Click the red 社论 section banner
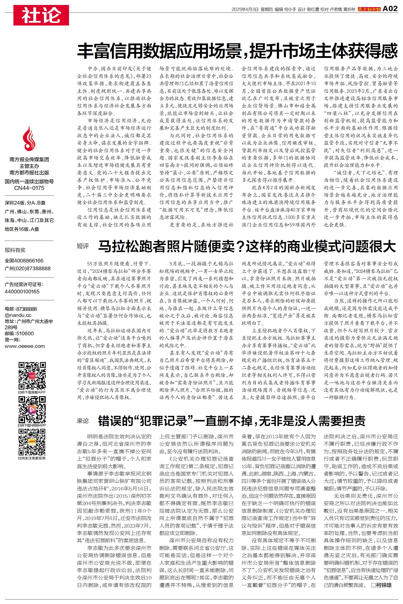point(41,15)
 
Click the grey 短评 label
point(83,246)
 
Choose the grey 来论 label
point(83,421)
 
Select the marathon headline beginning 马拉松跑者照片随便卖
point(247,246)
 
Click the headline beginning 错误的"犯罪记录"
point(231,421)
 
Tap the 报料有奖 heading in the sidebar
point(15,250)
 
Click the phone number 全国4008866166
point(24,261)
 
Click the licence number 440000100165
point(22,291)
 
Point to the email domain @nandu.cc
point(18,315)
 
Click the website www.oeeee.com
point(25,346)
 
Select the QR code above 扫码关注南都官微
point(32,442)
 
